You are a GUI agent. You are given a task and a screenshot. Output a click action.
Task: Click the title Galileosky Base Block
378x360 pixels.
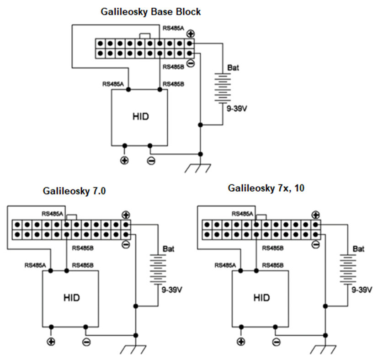[150, 12]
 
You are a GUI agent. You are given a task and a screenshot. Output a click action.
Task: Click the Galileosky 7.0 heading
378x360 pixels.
[74, 191]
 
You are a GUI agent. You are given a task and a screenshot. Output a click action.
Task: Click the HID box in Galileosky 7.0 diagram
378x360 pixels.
[71, 298]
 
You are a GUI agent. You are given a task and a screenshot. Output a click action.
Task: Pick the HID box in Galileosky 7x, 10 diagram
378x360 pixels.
[261, 298]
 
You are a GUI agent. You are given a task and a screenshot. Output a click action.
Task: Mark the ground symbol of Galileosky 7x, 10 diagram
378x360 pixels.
[324, 348]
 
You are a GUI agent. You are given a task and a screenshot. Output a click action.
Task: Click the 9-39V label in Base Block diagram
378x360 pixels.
[232, 110]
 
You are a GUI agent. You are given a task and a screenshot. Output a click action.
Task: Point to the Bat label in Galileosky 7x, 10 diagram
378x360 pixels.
[358, 249]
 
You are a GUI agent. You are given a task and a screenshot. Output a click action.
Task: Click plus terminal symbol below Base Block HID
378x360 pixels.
[124, 160]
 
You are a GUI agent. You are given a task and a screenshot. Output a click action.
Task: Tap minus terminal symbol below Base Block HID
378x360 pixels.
[151, 160]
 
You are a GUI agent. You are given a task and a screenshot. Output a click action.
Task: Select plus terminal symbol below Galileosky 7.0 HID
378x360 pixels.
[51, 341]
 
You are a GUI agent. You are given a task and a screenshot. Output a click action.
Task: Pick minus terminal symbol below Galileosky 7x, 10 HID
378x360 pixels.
[275, 341]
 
